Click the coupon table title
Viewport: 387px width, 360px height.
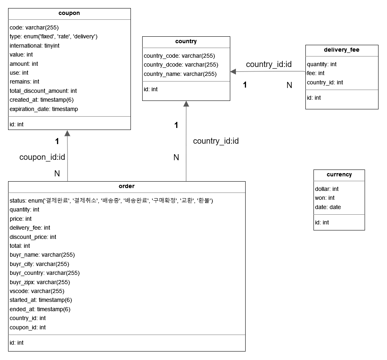pos(69,13)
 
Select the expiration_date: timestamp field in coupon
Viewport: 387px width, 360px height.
pos(44,109)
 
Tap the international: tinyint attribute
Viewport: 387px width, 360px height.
pos(34,46)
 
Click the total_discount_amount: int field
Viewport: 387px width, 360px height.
pos(43,91)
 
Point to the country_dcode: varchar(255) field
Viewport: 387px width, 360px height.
pos(181,65)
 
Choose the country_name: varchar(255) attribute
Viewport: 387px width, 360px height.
pos(180,74)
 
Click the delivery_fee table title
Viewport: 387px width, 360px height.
pos(341,50)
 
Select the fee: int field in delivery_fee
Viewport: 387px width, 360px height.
pos(315,73)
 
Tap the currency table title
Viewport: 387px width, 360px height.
pos(339,175)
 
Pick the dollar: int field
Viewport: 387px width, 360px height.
pos(326,189)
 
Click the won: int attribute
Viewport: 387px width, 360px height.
pos(324,198)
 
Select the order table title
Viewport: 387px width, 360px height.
pos(126,186)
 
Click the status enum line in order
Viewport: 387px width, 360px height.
pos(111,201)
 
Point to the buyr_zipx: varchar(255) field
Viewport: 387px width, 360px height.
pos(40,282)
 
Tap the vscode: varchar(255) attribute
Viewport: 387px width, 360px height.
pos(37,291)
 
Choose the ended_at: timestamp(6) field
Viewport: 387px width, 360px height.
pos(40,309)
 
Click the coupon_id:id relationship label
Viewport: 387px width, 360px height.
pos(42,157)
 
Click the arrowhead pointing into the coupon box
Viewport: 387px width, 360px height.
pos(67,133)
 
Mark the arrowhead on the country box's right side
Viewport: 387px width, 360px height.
pos(233,71)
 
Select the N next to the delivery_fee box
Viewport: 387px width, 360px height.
pos(289,85)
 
